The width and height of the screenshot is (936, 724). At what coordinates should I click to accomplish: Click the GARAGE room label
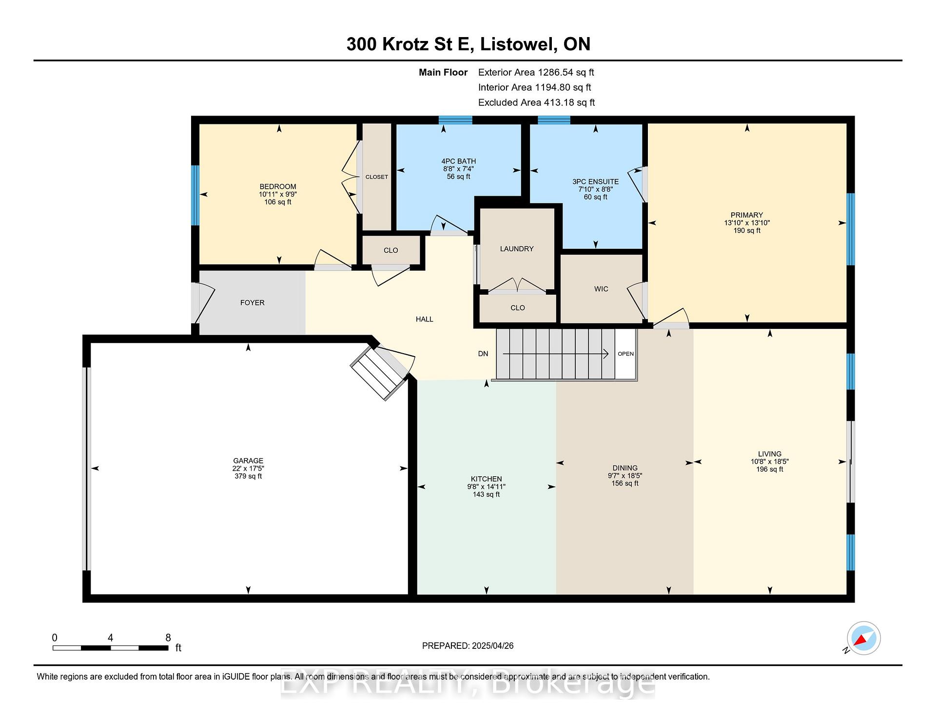(x=248, y=461)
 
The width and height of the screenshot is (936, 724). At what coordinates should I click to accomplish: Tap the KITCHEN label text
(x=486, y=479)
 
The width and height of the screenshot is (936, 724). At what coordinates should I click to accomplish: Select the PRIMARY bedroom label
(x=746, y=215)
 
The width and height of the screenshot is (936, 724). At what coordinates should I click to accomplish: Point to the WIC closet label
(x=601, y=289)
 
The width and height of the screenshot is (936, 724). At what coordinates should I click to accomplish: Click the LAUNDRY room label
(x=517, y=249)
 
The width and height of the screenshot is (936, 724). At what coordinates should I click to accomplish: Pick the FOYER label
(x=253, y=303)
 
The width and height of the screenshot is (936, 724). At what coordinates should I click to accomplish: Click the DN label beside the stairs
(x=483, y=354)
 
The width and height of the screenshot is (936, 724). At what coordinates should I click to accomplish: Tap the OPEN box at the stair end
(x=625, y=354)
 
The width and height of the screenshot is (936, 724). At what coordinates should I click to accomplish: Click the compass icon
(x=864, y=638)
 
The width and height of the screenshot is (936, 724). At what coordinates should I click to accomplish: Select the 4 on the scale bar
(x=111, y=638)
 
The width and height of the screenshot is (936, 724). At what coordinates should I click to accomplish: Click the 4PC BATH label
(x=458, y=161)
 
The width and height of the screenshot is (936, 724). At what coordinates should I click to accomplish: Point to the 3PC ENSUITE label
(x=595, y=181)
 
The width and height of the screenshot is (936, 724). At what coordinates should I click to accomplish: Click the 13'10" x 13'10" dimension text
(x=747, y=223)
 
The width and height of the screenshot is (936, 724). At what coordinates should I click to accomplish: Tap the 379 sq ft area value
(x=248, y=476)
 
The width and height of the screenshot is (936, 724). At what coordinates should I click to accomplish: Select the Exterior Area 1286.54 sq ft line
(x=536, y=73)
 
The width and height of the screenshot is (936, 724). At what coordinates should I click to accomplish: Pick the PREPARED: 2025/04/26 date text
(x=468, y=646)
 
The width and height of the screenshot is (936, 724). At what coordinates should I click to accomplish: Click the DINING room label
(x=625, y=468)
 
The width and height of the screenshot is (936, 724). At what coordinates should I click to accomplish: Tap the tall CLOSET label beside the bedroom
(x=377, y=177)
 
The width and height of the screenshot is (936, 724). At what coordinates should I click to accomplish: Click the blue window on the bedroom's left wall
(x=195, y=195)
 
